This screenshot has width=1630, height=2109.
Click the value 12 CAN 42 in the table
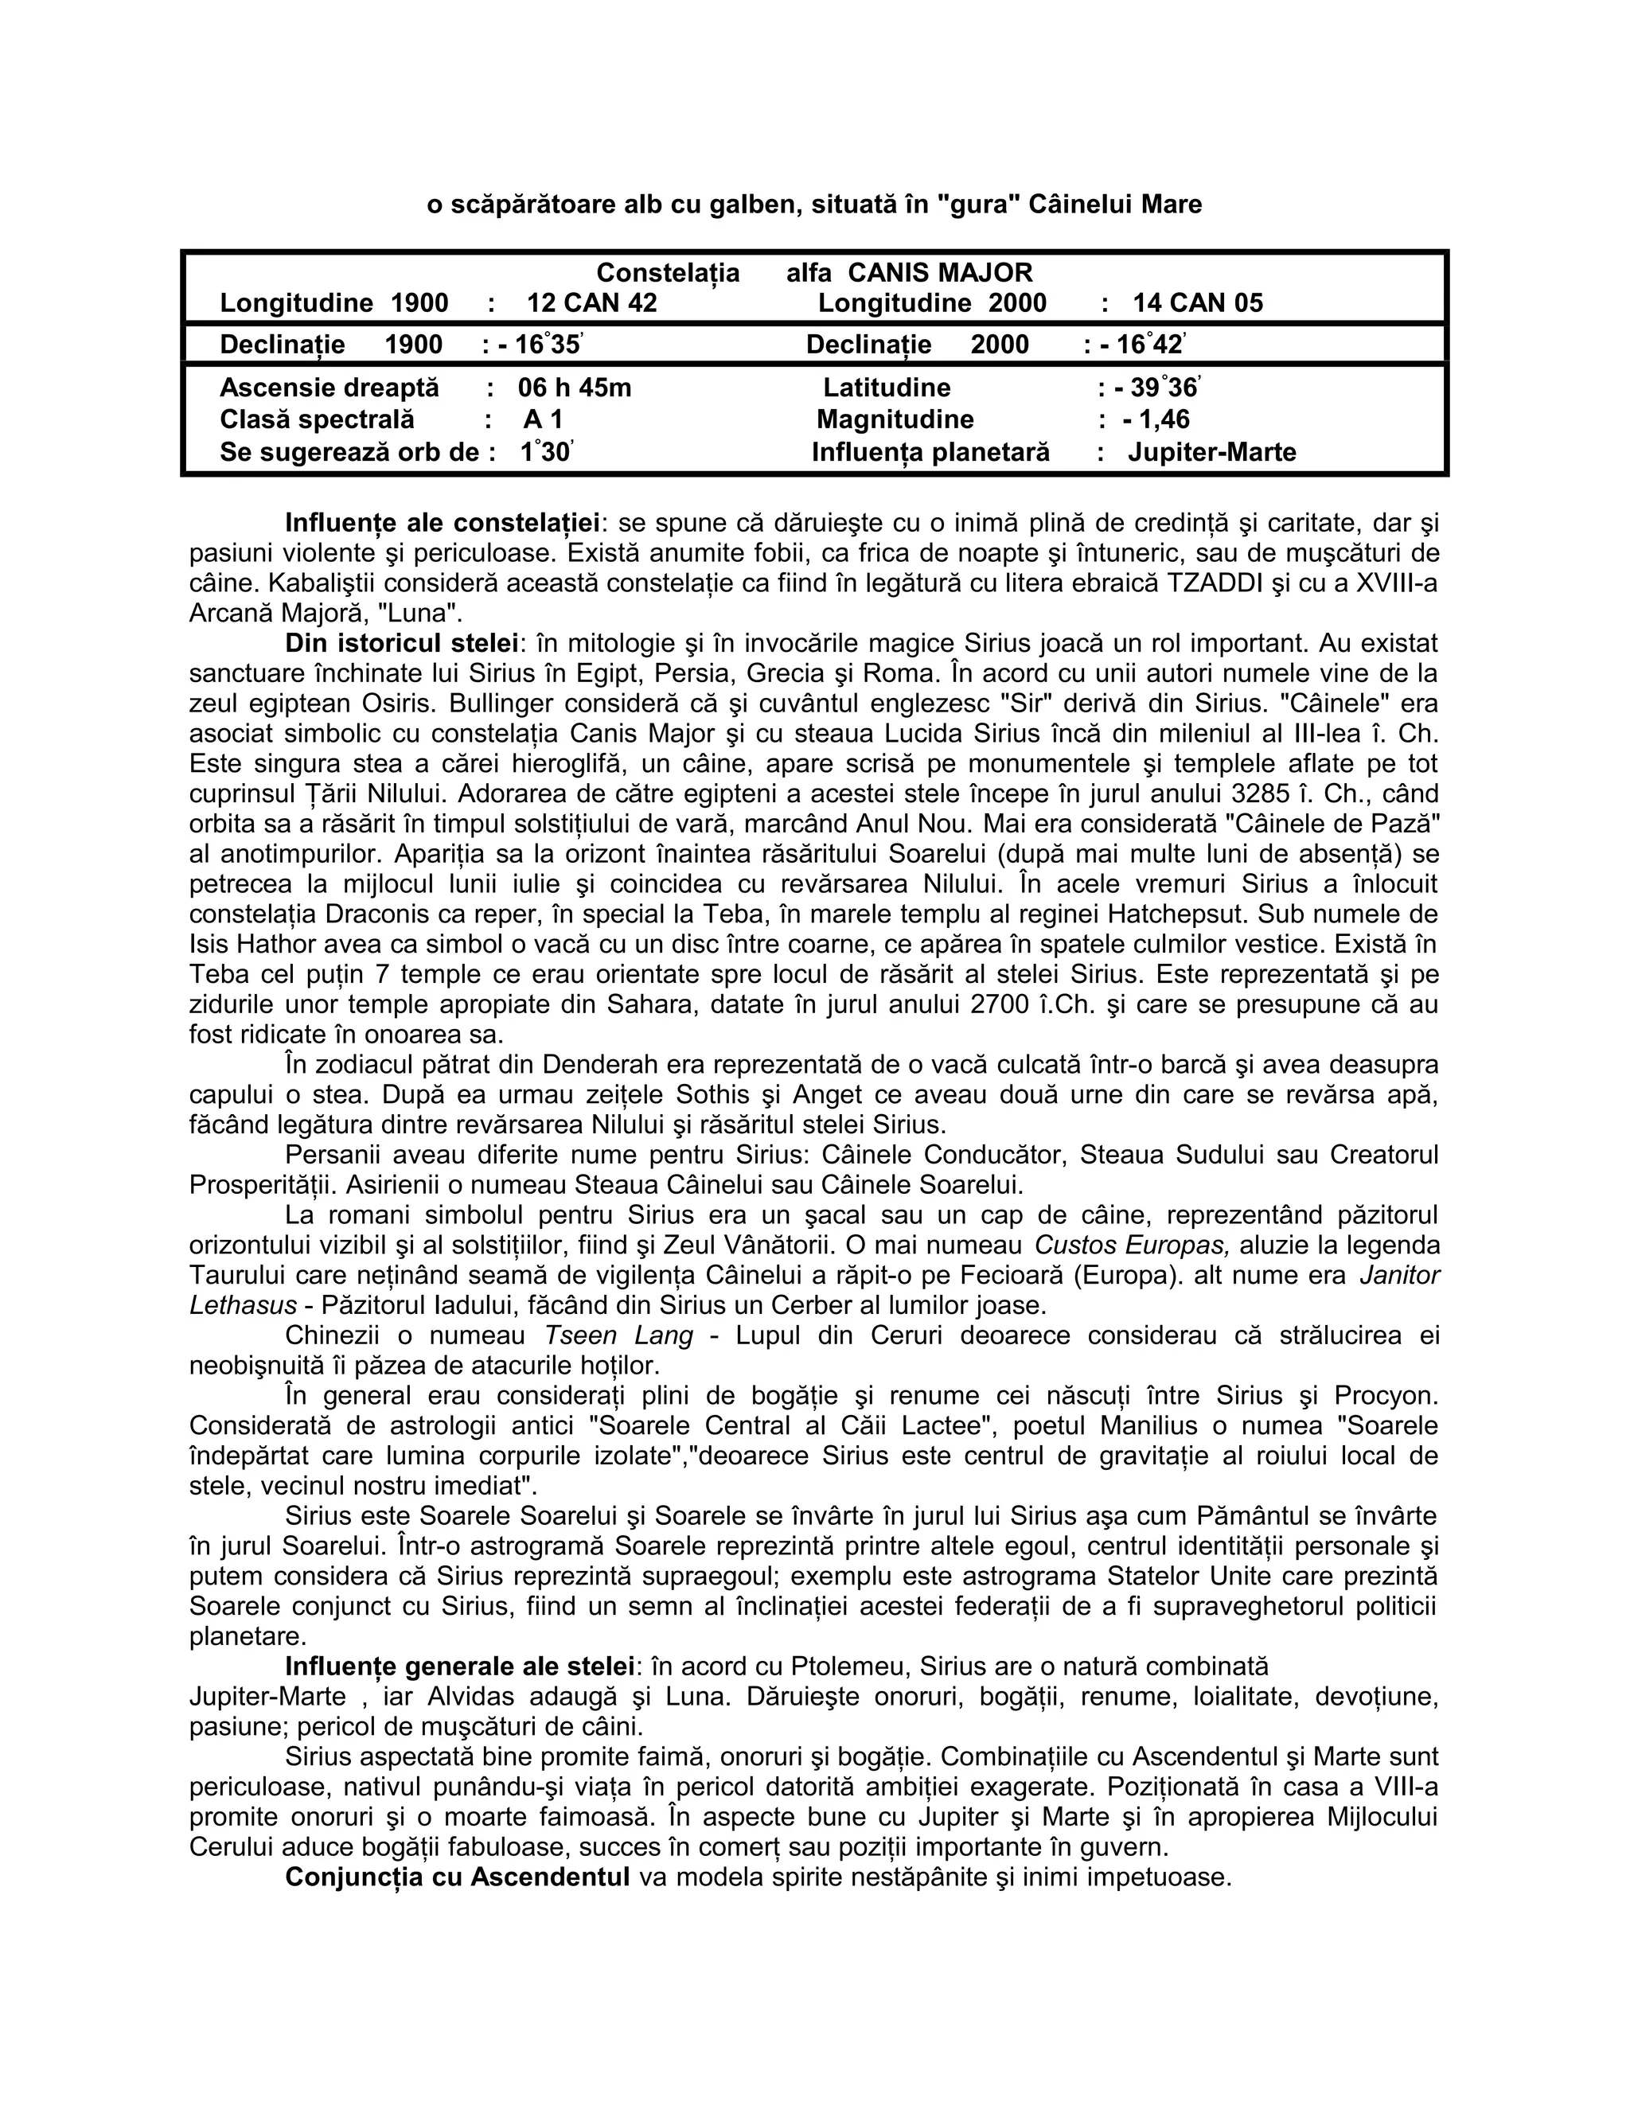point(591,303)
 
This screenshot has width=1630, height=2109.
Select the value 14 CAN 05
point(1197,303)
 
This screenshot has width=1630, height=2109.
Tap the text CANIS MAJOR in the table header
point(940,273)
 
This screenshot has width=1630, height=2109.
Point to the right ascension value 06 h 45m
point(575,388)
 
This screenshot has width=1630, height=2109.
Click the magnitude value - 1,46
point(1156,419)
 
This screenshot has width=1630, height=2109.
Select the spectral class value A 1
point(543,420)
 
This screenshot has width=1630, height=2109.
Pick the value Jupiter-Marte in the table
point(1212,452)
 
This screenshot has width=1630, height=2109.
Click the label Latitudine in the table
point(887,388)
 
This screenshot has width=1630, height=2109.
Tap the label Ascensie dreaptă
point(330,388)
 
